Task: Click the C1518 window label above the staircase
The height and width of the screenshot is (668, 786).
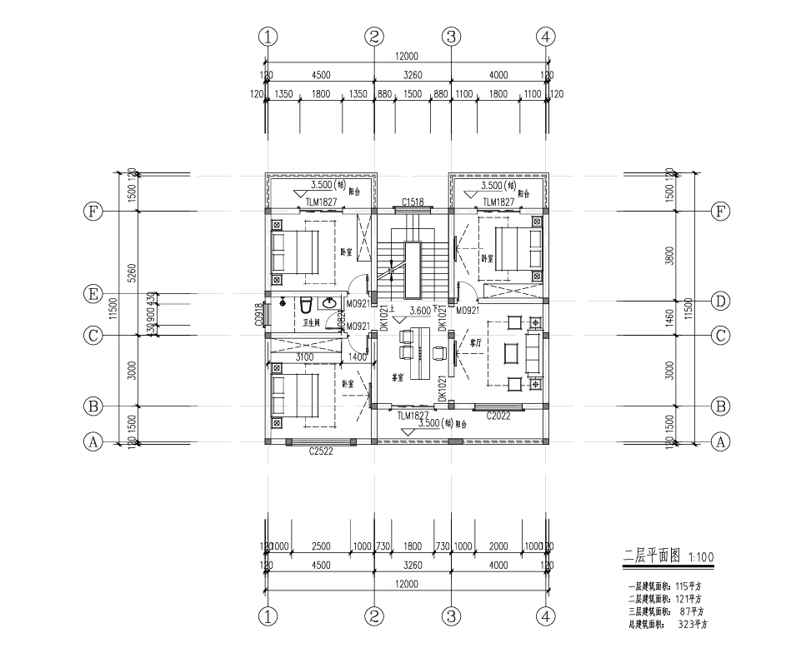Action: coord(413,202)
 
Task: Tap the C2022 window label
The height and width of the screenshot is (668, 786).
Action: coord(498,415)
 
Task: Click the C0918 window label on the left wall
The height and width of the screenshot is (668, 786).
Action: coord(260,313)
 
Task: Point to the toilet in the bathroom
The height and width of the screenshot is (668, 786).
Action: coord(306,306)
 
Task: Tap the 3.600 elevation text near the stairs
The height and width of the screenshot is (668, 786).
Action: coord(420,311)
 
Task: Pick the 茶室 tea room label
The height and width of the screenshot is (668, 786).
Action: coord(398,376)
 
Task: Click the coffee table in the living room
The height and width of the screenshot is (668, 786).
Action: coord(510,352)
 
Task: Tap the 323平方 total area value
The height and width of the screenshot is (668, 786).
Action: coord(693,623)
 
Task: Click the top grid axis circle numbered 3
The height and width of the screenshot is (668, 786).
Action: coord(451,36)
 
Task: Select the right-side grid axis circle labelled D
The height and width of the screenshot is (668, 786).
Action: coord(721,300)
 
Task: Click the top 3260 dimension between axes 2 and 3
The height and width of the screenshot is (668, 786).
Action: coord(413,75)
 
